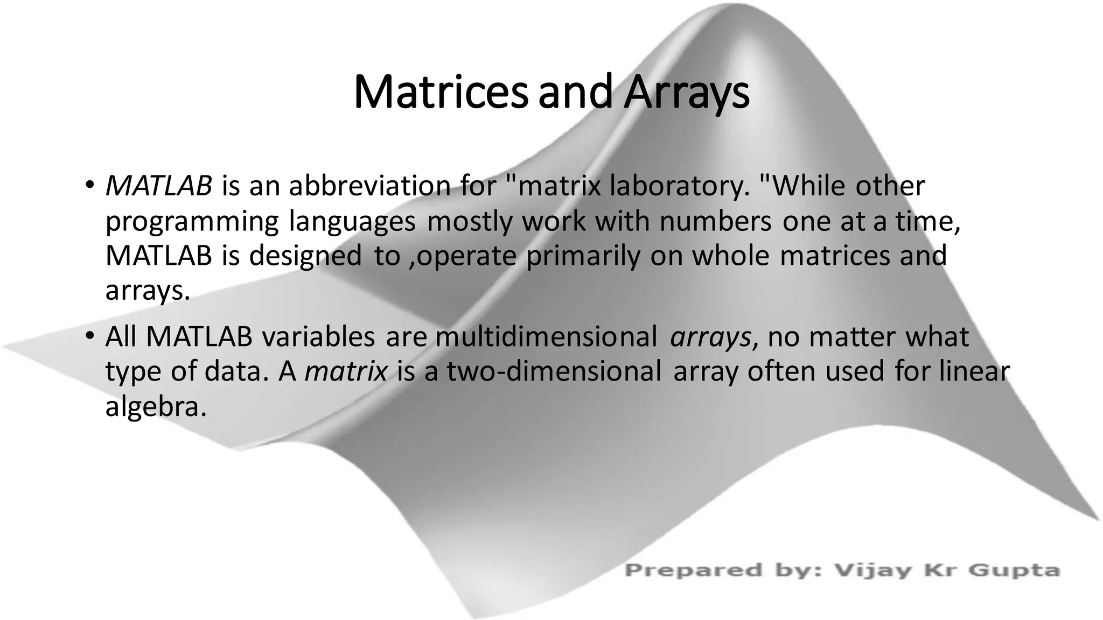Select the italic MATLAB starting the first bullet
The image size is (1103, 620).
(159, 186)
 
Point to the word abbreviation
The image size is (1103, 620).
(370, 186)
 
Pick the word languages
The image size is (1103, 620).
(352, 221)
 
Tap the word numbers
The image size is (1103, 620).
(716, 221)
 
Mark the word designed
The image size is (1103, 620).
(305, 256)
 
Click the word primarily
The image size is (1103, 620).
(583, 256)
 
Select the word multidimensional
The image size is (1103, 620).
(546, 337)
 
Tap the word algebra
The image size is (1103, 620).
(156, 407)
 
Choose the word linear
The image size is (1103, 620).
(974, 371)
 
